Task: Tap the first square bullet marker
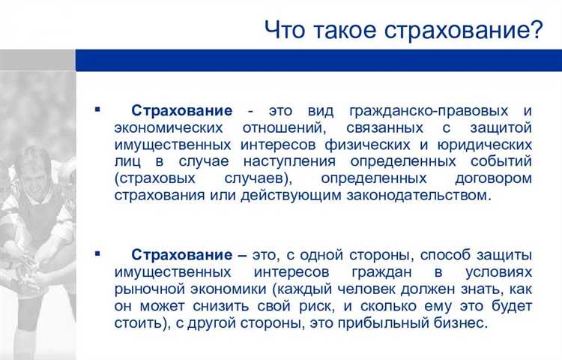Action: [97, 109]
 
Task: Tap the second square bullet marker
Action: [97, 253]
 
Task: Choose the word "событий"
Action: [497, 161]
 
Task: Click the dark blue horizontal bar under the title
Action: [318, 60]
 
